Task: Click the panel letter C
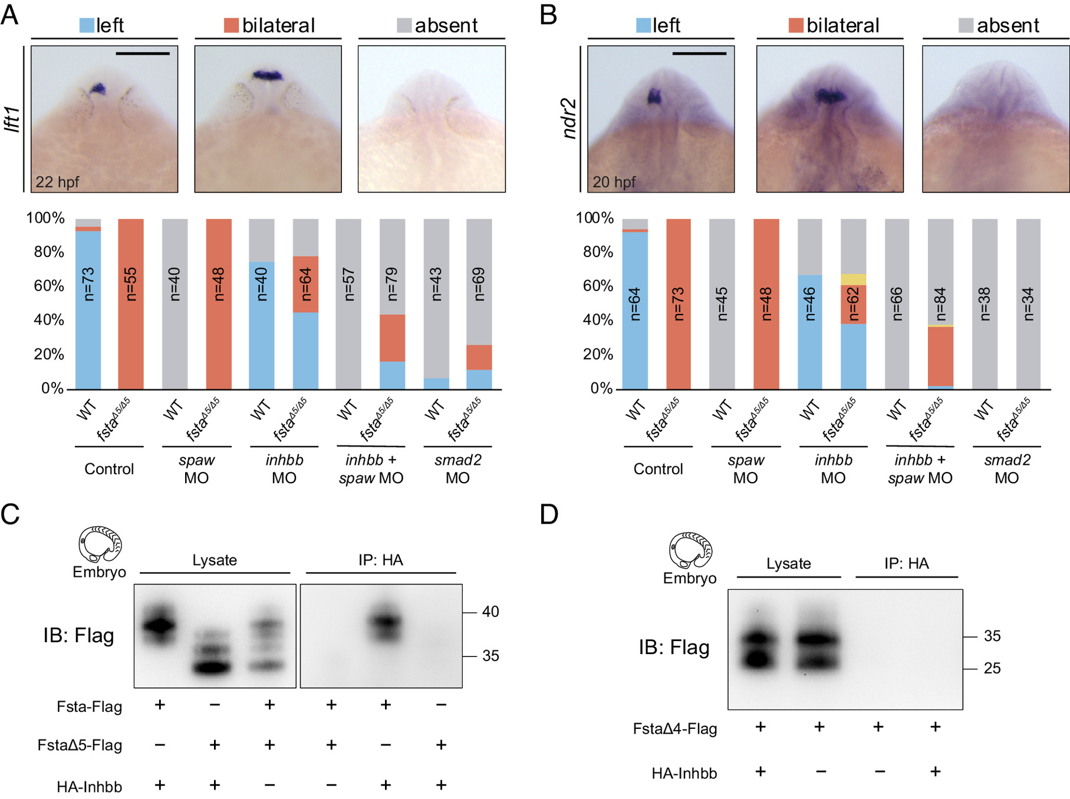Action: [x=10, y=514]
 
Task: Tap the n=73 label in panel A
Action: [x=88, y=284]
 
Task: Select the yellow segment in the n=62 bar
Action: [x=853, y=279]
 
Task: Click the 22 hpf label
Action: [x=57, y=181]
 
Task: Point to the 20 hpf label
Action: [x=614, y=181]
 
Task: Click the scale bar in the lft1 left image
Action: [x=143, y=54]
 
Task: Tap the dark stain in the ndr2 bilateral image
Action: [x=831, y=95]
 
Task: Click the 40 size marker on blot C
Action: [x=490, y=612]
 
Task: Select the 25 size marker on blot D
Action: [x=992, y=668]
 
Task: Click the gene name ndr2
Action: [x=569, y=119]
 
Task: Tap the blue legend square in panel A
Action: [x=87, y=25]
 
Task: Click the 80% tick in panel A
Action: [x=49, y=252]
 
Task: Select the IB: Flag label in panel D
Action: [x=674, y=647]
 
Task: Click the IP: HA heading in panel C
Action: [x=381, y=560]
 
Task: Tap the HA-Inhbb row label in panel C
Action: [x=89, y=787]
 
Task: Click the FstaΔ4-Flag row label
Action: [x=675, y=729]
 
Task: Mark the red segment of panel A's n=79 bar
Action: [x=392, y=338]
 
